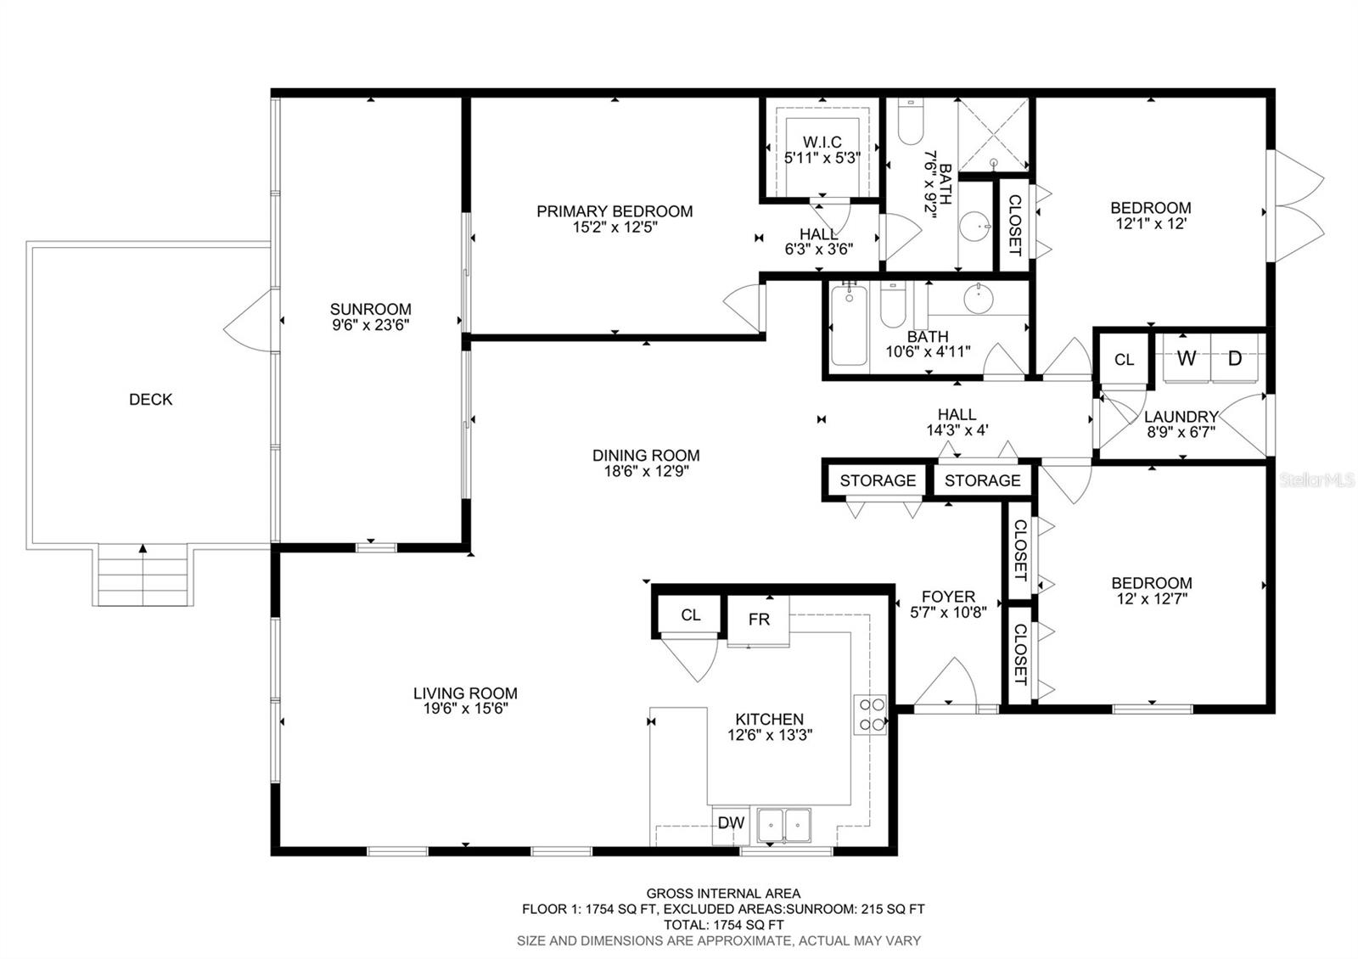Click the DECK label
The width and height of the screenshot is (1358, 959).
click(x=150, y=399)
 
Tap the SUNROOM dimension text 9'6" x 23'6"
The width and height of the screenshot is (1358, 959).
click(x=371, y=325)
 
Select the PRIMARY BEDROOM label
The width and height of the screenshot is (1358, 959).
click(x=614, y=210)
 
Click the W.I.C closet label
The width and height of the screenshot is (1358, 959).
click(x=822, y=143)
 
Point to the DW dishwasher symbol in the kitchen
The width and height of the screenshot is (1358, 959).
click(x=731, y=822)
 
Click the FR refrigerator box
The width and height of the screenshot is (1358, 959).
click(x=759, y=620)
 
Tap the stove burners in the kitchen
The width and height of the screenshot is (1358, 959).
click(x=869, y=714)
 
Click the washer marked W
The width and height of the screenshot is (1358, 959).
click(x=1186, y=358)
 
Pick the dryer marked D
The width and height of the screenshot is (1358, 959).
click(x=1235, y=358)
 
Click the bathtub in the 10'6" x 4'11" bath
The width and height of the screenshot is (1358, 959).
click(x=848, y=327)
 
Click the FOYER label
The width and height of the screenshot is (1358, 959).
click(x=948, y=597)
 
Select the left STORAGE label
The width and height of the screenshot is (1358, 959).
click(x=878, y=480)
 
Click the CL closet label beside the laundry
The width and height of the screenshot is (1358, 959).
click(x=1124, y=360)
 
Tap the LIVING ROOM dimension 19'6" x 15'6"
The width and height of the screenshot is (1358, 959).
click(x=465, y=709)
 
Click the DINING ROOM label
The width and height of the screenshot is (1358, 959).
click(x=646, y=456)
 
